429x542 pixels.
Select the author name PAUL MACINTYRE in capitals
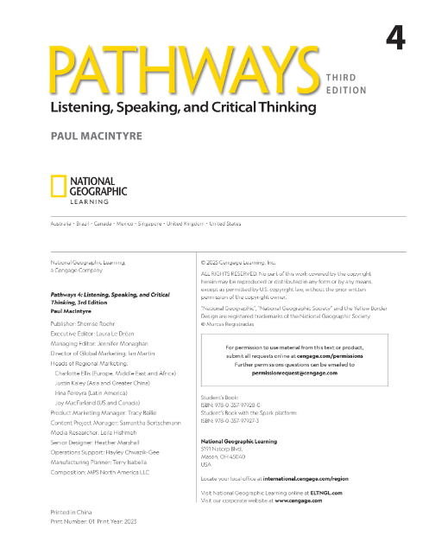(98, 136)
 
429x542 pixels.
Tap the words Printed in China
(73, 512)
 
